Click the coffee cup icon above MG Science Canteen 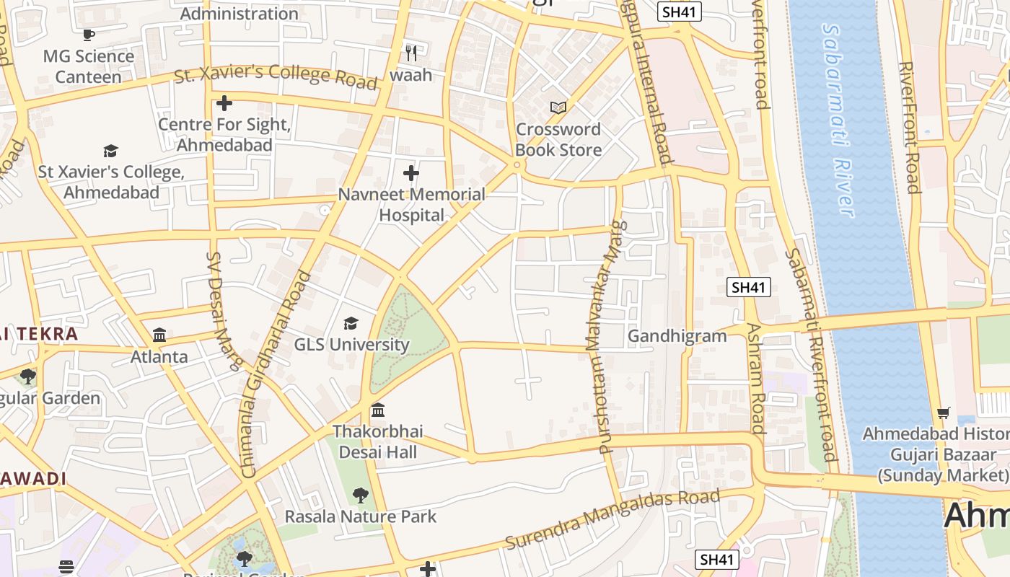[x=89, y=34]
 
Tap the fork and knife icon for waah [x=411, y=53]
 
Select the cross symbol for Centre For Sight [x=224, y=103]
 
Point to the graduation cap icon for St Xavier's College [x=110, y=151]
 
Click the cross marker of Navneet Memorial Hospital [x=411, y=173]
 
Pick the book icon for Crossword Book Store [x=558, y=107]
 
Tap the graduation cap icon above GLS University [x=351, y=323]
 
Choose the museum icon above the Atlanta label [x=159, y=335]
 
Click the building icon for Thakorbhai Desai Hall [x=378, y=410]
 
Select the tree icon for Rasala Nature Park [x=361, y=495]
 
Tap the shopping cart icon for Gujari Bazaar [x=944, y=413]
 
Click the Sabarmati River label [x=838, y=120]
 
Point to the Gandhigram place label [x=677, y=336]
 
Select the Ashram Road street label [x=755, y=378]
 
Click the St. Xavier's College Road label [x=276, y=74]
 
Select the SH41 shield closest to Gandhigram [x=748, y=287]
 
